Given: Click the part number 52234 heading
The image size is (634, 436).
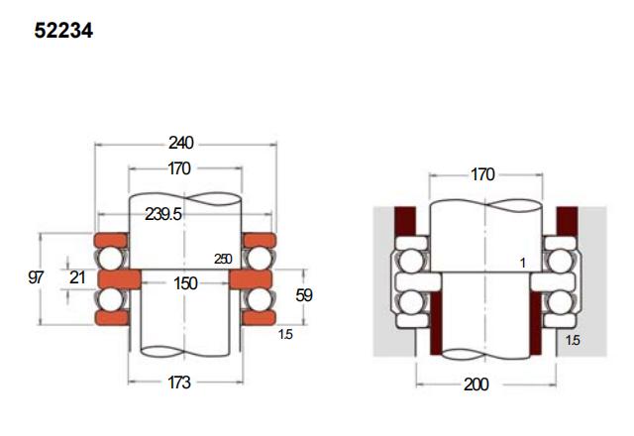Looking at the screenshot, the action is point(63,31).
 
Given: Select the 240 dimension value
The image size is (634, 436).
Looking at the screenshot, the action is point(181,143).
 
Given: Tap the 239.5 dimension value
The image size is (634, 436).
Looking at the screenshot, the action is point(163,214).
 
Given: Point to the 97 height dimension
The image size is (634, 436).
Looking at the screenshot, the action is point(36,277).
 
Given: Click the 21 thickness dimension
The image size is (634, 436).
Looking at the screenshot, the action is point(77,277).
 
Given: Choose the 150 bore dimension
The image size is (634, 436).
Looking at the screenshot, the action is point(185,283).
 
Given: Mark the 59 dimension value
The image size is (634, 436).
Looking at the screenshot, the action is point(304,295).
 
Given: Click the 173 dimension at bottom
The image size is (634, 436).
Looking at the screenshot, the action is point(179,382).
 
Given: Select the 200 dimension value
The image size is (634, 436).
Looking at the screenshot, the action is point(476,384).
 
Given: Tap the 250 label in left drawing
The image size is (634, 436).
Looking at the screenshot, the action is point(223,259).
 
